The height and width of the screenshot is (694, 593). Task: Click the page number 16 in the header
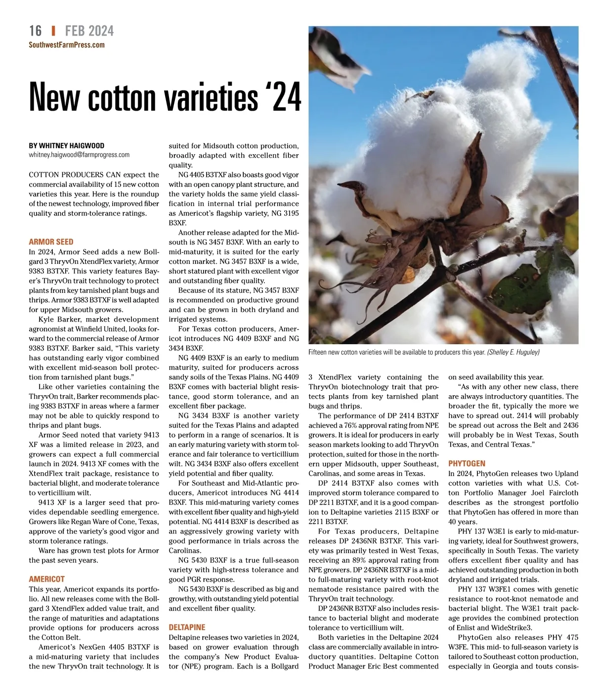tap(35, 31)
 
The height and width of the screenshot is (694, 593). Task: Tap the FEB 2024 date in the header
tap(89, 31)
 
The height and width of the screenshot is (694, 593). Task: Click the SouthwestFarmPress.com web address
tap(67, 45)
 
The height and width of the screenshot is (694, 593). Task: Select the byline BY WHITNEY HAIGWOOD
tap(67, 146)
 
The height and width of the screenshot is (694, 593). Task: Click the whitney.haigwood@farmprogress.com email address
tap(79, 155)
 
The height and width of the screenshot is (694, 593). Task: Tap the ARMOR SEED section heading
tap(51, 242)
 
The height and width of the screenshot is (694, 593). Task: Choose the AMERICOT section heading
tap(46, 579)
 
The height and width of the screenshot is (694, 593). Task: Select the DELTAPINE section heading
tap(187, 627)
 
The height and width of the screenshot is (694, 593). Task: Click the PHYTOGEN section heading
tap(466, 464)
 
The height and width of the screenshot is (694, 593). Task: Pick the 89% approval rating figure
tap(359, 560)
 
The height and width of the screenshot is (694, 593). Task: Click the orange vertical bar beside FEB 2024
tap(53, 31)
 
